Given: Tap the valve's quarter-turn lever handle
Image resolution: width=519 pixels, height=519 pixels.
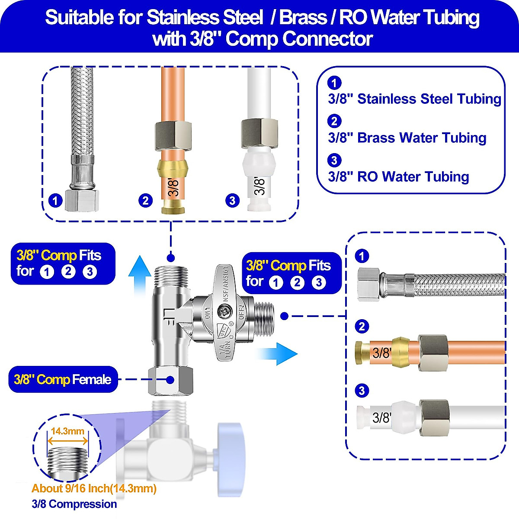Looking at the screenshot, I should (x=224, y=303).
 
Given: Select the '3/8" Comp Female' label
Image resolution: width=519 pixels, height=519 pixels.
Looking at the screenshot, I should (x=63, y=380).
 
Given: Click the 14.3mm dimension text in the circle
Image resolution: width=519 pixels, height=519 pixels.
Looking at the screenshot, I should (x=67, y=431).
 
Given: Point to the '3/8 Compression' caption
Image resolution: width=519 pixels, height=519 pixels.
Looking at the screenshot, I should (x=74, y=504).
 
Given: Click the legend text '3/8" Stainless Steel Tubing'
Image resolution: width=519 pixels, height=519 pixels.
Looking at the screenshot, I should (x=414, y=99).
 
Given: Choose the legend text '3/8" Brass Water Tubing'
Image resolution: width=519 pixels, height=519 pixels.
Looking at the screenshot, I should (x=407, y=138).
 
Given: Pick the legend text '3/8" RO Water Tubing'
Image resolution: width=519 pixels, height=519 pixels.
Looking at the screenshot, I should (x=398, y=177).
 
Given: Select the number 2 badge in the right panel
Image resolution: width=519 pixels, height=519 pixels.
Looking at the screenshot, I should (x=362, y=326).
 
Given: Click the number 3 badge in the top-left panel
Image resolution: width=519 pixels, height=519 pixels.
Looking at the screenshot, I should (x=232, y=200).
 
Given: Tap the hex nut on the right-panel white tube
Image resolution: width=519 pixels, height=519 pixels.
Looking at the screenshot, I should (x=434, y=418).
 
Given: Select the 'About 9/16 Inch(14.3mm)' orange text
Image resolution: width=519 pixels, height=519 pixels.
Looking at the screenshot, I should (x=94, y=489).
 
